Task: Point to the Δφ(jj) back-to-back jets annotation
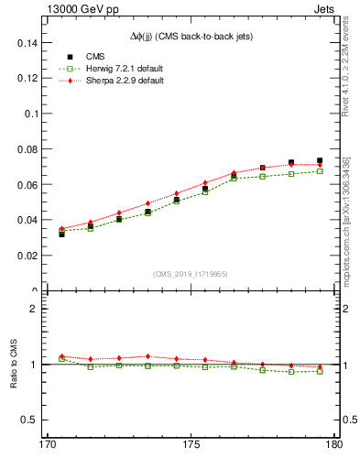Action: [x=191, y=36]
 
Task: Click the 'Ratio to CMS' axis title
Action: [x=16, y=365]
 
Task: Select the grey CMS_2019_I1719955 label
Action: [x=191, y=273]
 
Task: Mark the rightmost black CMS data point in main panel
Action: [x=320, y=161]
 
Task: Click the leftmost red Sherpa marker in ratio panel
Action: [x=62, y=356]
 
